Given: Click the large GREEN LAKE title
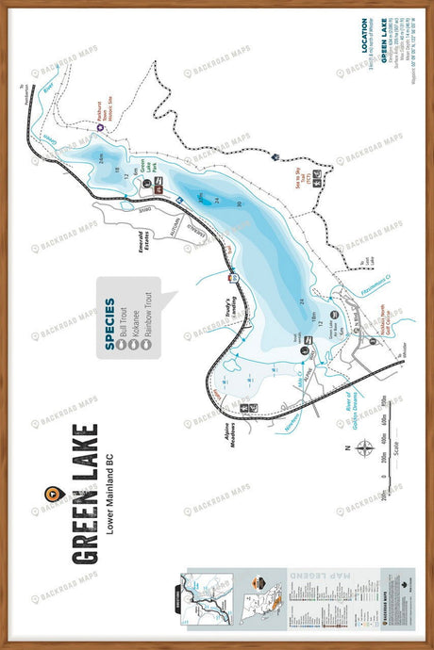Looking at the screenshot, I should (84, 494).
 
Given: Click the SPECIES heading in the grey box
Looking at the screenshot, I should (110, 325).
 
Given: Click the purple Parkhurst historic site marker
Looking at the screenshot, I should (100, 127).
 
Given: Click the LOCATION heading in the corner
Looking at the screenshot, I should (363, 42).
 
